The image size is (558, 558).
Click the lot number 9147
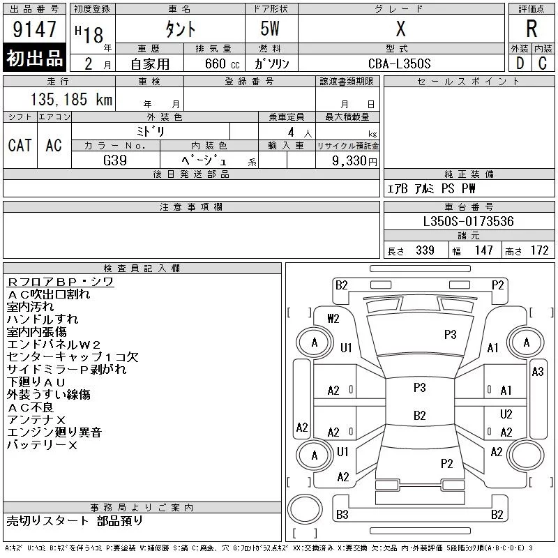(34, 29)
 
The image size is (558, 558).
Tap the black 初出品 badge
(34, 58)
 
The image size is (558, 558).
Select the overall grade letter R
(531, 29)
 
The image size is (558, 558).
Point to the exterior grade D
(520, 63)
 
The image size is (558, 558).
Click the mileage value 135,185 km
(71, 99)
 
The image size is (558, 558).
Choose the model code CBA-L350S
(399, 63)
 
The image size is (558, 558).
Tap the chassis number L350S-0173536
(468, 221)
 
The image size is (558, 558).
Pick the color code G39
(115, 160)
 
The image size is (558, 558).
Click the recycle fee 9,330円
(354, 161)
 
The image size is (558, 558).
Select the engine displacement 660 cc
(222, 64)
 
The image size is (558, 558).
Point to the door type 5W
(270, 29)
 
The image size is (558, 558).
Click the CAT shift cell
(20, 146)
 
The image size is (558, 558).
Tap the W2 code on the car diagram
(333, 319)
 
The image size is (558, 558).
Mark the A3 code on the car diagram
(537, 372)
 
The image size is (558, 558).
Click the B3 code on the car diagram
(342, 515)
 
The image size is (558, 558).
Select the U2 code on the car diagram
(506, 414)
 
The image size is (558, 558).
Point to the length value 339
(425, 250)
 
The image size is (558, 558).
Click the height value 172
(539, 250)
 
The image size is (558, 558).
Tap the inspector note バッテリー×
(42, 445)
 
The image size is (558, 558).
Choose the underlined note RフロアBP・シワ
(60, 282)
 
